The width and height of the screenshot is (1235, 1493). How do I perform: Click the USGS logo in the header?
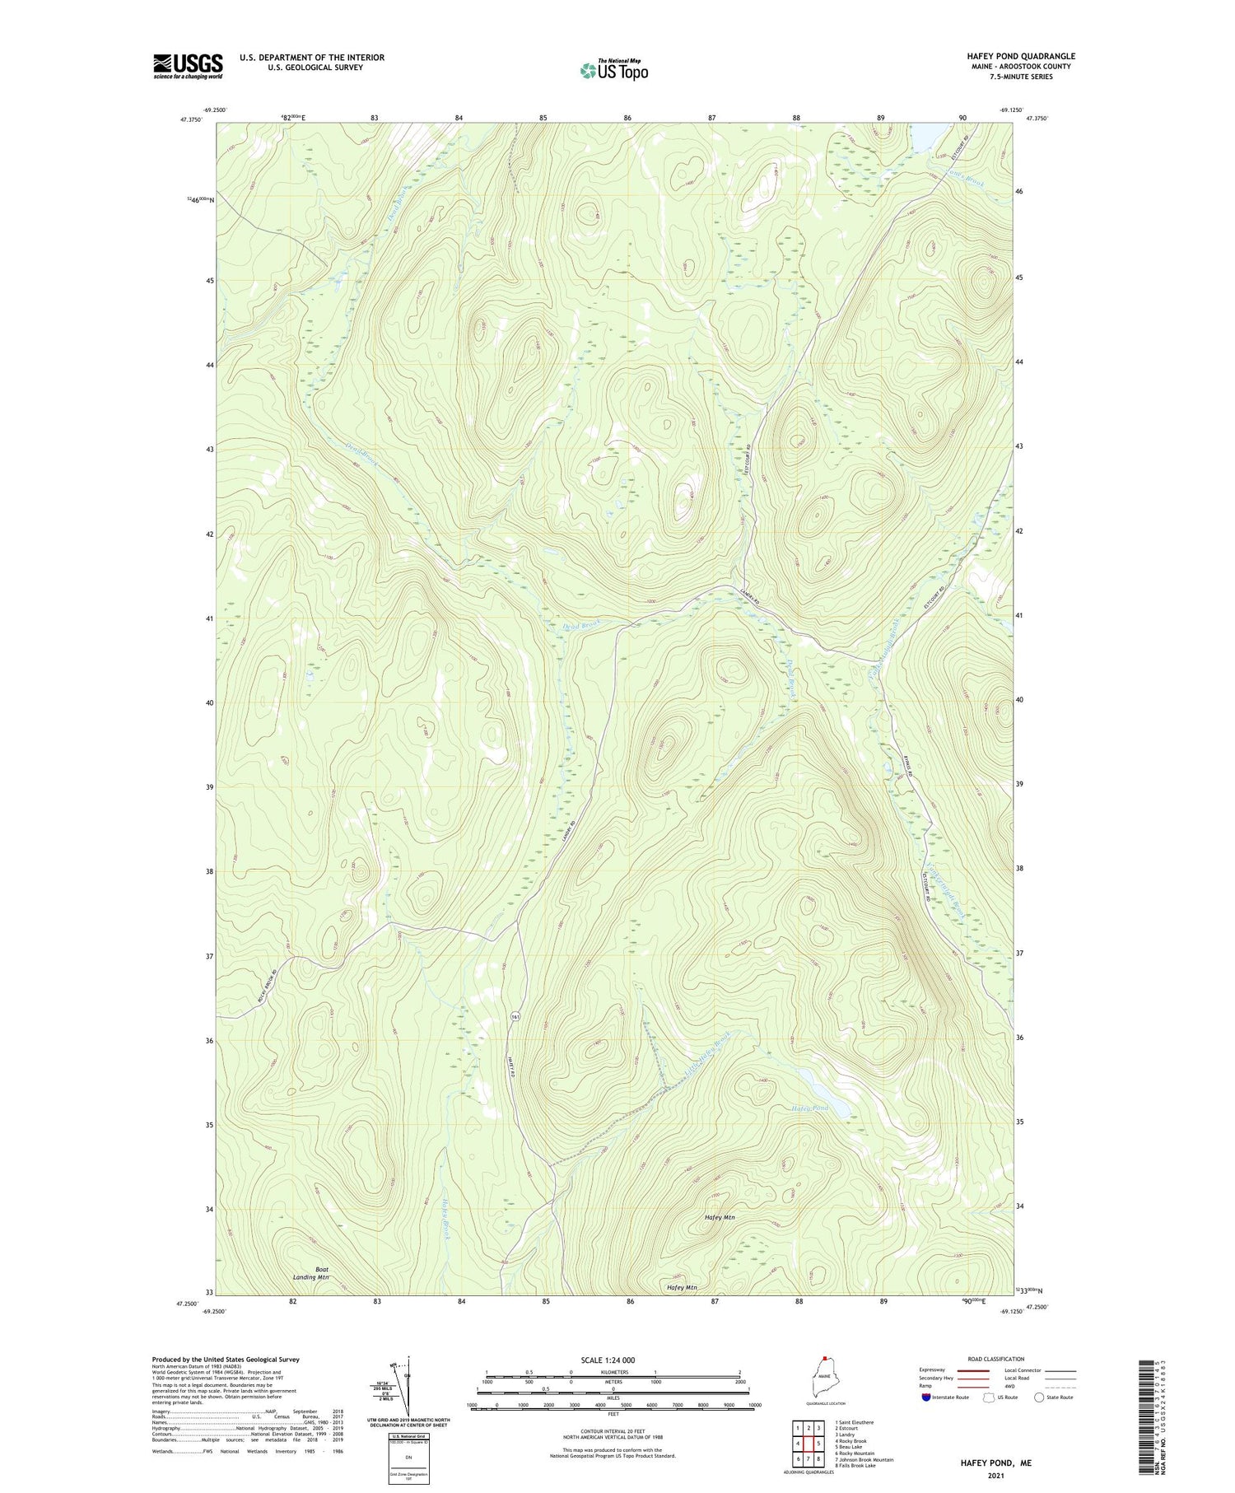pyautogui.click(x=188, y=66)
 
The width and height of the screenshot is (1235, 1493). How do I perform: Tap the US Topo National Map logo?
pyautogui.click(x=613, y=70)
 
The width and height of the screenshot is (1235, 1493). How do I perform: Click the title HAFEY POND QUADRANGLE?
pyautogui.click(x=1021, y=56)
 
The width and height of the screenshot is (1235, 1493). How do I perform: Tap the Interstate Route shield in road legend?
pyautogui.click(x=925, y=1397)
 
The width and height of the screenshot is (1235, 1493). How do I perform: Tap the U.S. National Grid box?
pyautogui.click(x=409, y=1458)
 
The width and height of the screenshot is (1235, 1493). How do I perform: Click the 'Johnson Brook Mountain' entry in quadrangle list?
pyautogui.click(x=864, y=1460)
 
